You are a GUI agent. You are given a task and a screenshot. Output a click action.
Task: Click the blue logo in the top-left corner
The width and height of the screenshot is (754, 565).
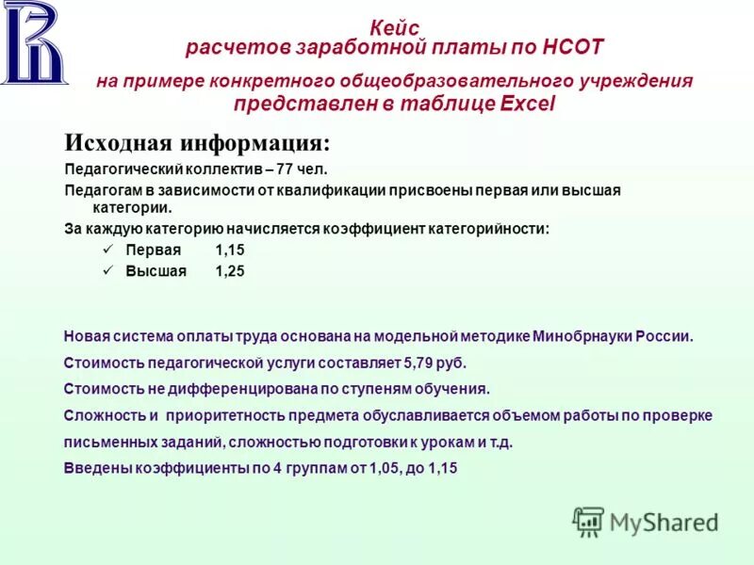point(35,43)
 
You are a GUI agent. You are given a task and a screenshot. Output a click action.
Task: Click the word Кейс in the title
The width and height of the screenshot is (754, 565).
point(395,29)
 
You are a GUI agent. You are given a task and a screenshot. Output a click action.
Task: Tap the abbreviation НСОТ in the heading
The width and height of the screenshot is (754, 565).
point(569,46)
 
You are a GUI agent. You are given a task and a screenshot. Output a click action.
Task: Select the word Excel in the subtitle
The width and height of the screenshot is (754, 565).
point(528,104)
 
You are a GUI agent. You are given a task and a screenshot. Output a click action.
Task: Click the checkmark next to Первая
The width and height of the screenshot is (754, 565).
point(107,250)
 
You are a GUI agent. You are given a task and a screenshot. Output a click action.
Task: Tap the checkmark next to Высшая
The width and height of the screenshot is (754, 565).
point(107,270)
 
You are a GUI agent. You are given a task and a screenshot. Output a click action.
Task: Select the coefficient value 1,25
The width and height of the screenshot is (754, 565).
point(230,271)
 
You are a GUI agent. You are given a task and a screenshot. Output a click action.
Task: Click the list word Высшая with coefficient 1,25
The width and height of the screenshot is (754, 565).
point(156,271)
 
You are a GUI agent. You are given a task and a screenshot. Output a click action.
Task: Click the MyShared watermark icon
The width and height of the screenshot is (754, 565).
point(588,521)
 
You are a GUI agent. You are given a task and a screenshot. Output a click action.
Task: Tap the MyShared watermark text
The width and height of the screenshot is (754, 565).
point(664,522)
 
